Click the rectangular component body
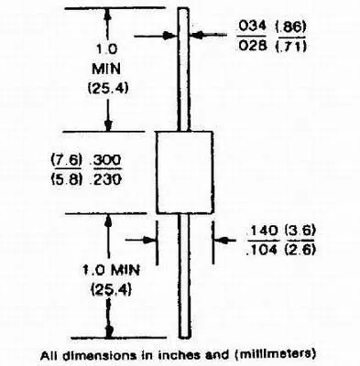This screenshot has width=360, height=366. click(x=184, y=172)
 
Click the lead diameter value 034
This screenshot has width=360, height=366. click(x=252, y=27)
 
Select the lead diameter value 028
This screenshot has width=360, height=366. click(x=252, y=46)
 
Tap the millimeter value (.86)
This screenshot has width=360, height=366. click(x=290, y=27)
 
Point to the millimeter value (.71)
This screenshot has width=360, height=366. click(x=290, y=47)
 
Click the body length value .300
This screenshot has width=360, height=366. click(x=105, y=160)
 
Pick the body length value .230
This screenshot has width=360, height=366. click(x=105, y=179)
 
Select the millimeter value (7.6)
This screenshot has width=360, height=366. click(x=67, y=160)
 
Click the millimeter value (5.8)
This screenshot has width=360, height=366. click(x=67, y=179)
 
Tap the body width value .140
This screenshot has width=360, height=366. click(x=262, y=231)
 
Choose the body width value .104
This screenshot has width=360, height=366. click(x=262, y=250)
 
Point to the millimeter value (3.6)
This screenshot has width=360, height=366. click(x=300, y=231)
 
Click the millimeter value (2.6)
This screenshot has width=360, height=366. click(x=300, y=250)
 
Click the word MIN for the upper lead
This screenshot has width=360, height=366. click(x=106, y=69)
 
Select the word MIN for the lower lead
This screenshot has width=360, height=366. click(x=125, y=270)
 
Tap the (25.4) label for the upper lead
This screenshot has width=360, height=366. click(x=108, y=89)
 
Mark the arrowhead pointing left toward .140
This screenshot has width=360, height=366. click(x=221, y=241)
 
